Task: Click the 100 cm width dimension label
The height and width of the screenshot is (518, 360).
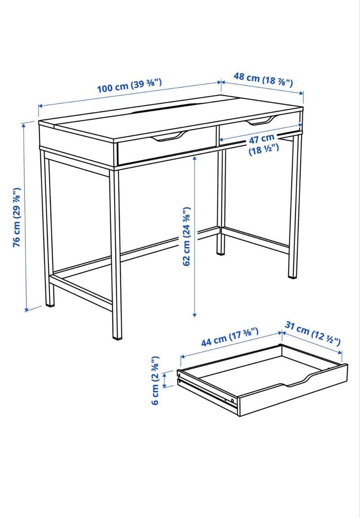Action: (x=129, y=85)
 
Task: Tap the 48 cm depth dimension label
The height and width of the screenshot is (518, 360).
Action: (x=263, y=78)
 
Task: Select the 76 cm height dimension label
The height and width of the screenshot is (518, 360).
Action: (x=17, y=217)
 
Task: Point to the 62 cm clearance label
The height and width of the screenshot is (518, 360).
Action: (x=187, y=236)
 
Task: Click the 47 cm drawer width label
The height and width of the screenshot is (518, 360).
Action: (x=261, y=145)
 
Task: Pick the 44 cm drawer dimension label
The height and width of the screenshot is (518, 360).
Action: (x=230, y=336)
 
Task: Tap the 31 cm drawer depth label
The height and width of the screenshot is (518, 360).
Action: (x=313, y=333)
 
